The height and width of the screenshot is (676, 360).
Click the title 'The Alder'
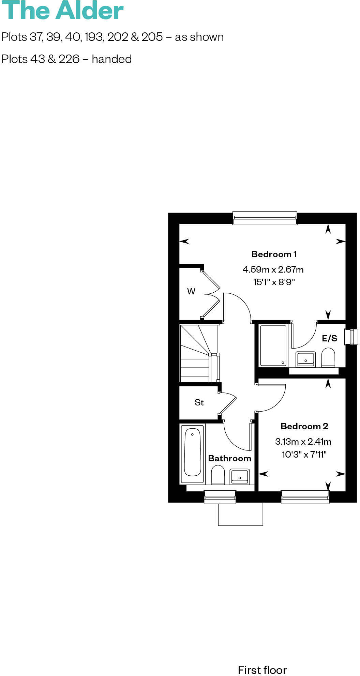tap(62, 11)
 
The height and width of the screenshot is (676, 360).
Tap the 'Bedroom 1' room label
tap(274, 254)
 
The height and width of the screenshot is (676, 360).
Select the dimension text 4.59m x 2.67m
tap(273, 270)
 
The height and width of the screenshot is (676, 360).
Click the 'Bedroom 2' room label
tap(304, 426)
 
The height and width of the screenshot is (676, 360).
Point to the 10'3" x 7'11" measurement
tap(304, 454)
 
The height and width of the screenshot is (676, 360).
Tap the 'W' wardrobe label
tap(191, 291)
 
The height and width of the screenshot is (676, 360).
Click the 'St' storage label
tap(199, 402)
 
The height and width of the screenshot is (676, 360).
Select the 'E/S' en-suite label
tap(329, 338)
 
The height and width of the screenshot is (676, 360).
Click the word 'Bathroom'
tap(229, 458)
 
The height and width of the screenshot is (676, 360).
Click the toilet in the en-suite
tap(328, 357)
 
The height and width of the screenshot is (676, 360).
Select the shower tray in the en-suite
tap(273, 345)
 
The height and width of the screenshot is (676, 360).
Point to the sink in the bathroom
tap(239, 476)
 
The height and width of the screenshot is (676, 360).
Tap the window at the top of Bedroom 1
tap(265, 218)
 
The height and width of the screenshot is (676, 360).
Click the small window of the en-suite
tap(351, 337)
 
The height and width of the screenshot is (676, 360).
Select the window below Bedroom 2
tap(305, 497)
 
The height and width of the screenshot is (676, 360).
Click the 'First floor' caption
tap(262, 670)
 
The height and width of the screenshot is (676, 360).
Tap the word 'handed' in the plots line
tap(111, 59)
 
